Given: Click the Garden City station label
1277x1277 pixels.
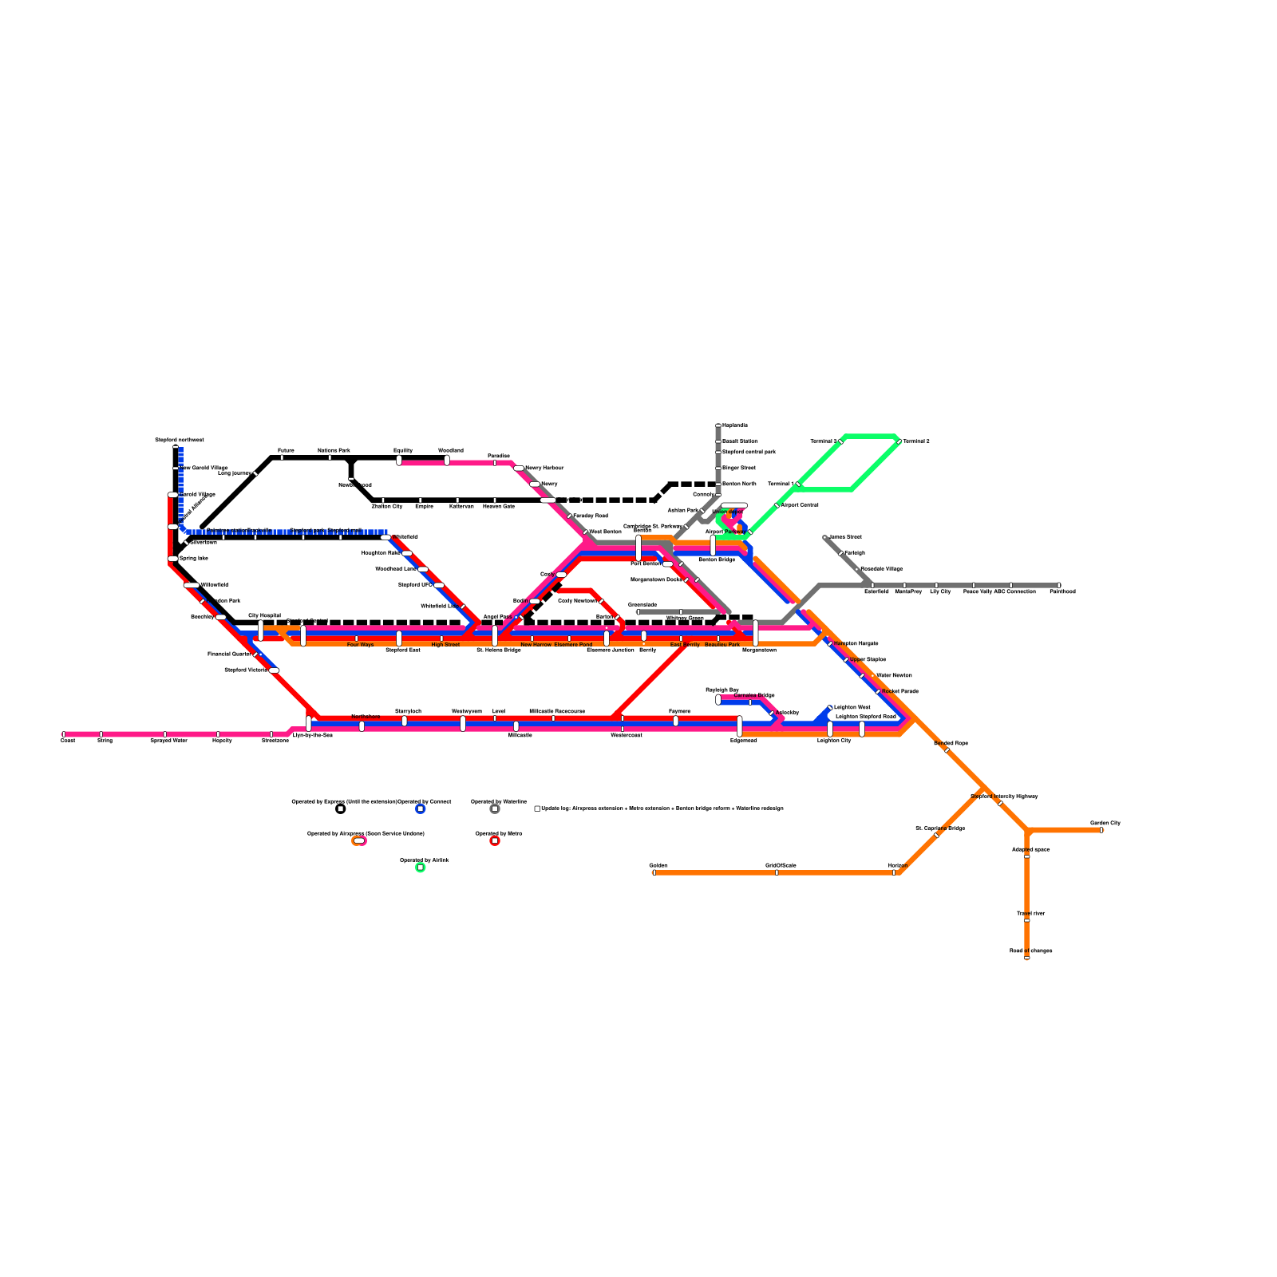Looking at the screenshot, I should [1105, 823].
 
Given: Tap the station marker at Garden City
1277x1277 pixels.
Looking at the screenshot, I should [1101, 830].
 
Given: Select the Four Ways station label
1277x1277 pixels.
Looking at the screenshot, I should [360, 645].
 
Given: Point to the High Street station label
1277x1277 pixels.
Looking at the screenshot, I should [445, 645].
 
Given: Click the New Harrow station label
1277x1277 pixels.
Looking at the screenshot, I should [536, 645].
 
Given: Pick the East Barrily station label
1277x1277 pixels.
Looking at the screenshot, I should [685, 645].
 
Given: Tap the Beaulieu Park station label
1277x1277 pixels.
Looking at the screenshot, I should [722, 645].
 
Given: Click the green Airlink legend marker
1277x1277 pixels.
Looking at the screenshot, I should [421, 868].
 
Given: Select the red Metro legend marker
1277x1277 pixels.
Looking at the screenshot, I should [495, 840].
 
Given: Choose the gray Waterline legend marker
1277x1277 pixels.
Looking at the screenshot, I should [495, 809].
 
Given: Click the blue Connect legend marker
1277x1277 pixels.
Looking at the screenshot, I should [421, 809].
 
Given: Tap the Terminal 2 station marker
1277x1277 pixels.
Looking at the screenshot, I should [899, 441].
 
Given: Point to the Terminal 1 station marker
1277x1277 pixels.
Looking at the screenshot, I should [797, 484].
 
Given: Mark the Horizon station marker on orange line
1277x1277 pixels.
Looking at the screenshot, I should [894, 872].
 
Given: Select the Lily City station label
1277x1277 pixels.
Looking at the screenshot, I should [940, 592].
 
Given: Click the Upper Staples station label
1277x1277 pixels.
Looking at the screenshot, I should [868, 660].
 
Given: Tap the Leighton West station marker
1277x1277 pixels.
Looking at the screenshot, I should [830, 708].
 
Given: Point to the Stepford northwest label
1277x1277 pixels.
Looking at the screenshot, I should [179, 441].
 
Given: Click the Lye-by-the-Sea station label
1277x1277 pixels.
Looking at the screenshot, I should [312, 735].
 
